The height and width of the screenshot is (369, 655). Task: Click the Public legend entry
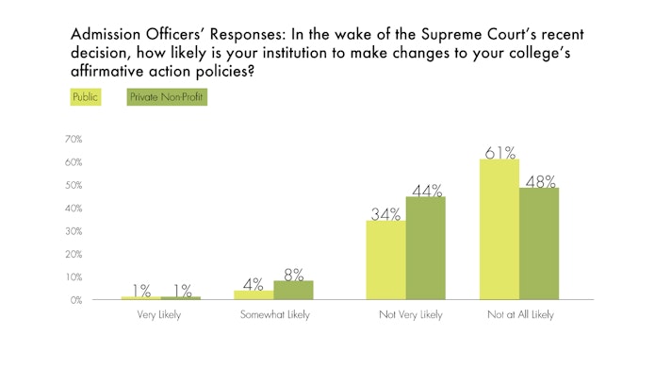click(x=85, y=95)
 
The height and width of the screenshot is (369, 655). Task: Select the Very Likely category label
click(x=160, y=314)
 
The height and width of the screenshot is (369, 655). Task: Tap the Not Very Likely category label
click(x=405, y=314)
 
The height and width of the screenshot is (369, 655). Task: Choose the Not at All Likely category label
click(x=519, y=314)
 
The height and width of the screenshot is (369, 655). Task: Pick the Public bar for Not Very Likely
click(x=385, y=260)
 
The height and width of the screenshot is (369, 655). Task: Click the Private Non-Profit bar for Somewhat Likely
click(x=292, y=290)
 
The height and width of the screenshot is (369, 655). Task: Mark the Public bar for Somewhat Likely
click(x=254, y=294)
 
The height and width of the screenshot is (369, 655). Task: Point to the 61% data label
click(x=499, y=150)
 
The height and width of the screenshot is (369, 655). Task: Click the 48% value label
click(x=540, y=179)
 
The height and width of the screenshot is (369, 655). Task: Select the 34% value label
click(x=386, y=212)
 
